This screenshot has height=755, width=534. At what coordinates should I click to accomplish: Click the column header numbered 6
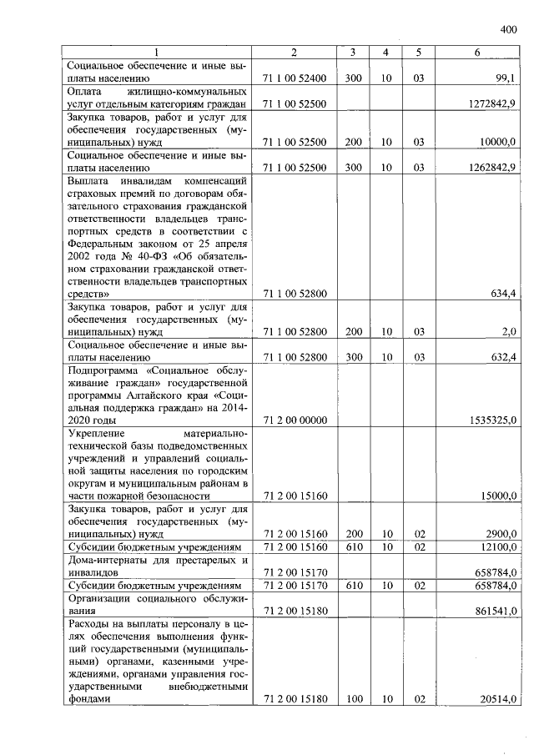[x=476, y=53]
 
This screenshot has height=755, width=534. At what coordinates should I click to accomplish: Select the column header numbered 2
[x=294, y=53]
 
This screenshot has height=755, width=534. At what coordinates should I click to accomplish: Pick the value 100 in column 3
[x=353, y=698]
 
